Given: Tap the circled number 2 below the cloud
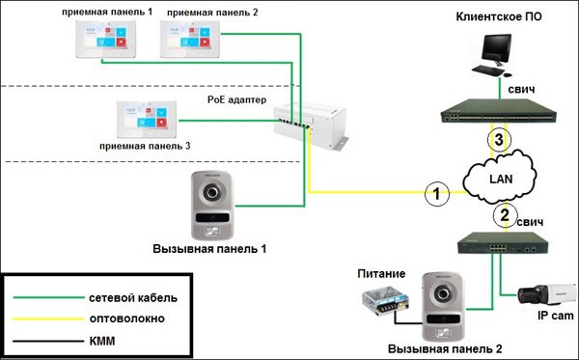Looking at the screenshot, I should (502, 213).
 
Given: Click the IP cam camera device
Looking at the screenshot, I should (540, 293).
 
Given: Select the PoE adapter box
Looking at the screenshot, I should (309, 121).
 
